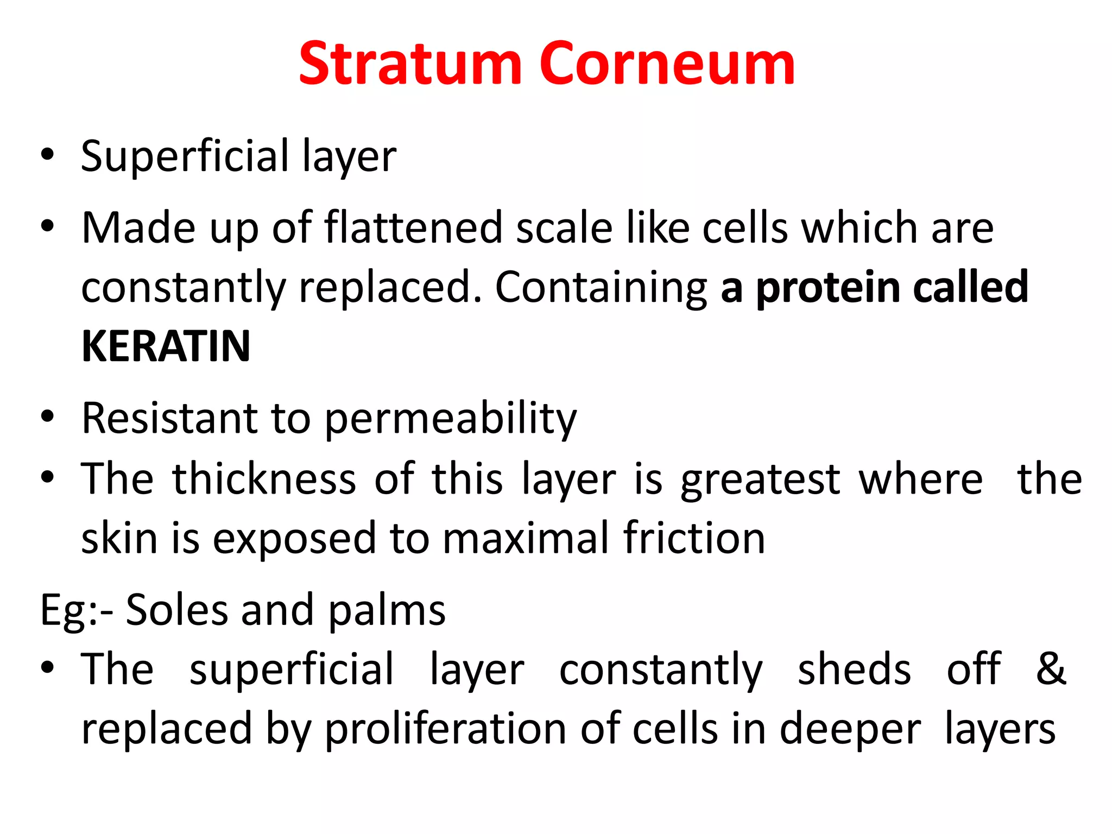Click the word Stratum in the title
pyautogui.click(x=410, y=64)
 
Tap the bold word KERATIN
pyautogui.click(x=166, y=346)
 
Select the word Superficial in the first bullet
pyautogui.click(x=185, y=156)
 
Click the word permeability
pyautogui.click(x=451, y=419)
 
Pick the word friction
pyautogui.click(x=694, y=538)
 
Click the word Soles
pyautogui.click(x=177, y=610)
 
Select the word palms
pyautogui.click(x=387, y=611)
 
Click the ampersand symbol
pyautogui.click(x=1051, y=669)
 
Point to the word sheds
pyautogui.click(x=854, y=669)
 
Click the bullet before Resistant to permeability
pyautogui.click(x=48, y=417)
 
